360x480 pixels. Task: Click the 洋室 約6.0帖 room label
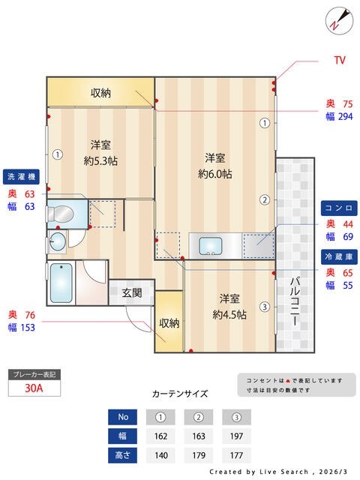[215, 166]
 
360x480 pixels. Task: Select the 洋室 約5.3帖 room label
[100, 152]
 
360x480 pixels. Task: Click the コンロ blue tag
[339, 207]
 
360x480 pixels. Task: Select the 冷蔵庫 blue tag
[339, 256]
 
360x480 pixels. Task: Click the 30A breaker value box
[34, 388]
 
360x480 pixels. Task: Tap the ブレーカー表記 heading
[33, 373]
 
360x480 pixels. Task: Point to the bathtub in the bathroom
[62, 282]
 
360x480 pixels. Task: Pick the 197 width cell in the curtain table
[235, 436]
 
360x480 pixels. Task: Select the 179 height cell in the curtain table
[198, 455]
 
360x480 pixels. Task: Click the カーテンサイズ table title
[180, 394]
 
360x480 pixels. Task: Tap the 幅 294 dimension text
[339, 117]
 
